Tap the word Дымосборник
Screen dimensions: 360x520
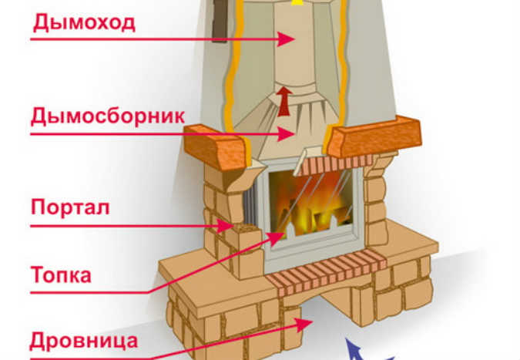click(x=108, y=116)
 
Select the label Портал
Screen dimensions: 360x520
click(x=70, y=207)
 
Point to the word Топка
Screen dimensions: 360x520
click(x=62, y=274)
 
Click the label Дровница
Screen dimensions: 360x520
click(x=85, y=340)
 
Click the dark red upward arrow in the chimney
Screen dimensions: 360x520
click(x=285, y=101)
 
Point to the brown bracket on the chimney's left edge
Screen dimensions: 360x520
click(x=220, y=20)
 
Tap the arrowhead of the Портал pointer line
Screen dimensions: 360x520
click(x=230, y=227)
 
